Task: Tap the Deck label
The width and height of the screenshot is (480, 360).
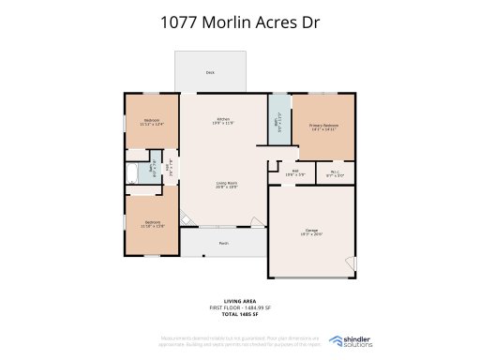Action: (210, 72)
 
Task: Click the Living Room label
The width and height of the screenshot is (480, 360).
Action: (226, 185)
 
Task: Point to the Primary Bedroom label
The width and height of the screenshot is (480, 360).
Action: (323, 126)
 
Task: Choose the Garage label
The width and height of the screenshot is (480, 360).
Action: (311, 232)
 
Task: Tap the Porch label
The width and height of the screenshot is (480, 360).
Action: (224, 243)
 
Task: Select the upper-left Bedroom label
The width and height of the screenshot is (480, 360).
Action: (151, 121)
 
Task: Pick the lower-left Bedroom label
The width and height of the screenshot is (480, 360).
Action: (152, 224)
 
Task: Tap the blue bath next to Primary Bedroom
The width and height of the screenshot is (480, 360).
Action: (278, 122)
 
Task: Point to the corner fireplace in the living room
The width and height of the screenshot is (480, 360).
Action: (187, 221)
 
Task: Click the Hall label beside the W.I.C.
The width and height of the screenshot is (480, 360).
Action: (294, 172)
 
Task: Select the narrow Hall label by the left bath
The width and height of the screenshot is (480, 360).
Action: (169, 170)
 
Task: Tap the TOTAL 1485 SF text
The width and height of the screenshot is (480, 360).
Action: (239, 313)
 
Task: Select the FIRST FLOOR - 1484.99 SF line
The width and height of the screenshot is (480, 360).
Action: (239, 307)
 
